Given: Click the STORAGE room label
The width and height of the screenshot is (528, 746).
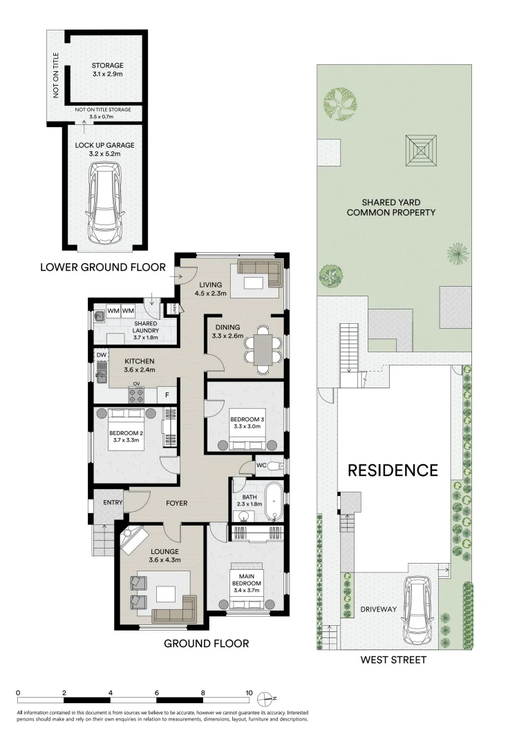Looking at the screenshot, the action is point(108,66).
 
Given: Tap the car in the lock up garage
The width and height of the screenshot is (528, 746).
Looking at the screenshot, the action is point(106,202).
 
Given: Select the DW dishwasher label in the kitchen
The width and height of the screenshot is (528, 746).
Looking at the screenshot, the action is point(102,355).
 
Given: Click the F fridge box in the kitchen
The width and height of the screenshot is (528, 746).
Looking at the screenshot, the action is point(167,394).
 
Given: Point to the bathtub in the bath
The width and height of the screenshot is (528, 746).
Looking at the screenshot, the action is point(273,501).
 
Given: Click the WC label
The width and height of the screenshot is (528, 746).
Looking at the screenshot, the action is point(261,465).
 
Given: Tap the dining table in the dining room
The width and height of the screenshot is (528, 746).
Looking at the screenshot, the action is point(263,350).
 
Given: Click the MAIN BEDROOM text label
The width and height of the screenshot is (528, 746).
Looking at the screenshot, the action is point(247,580).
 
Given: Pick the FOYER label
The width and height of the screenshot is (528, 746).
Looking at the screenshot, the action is point(177,503).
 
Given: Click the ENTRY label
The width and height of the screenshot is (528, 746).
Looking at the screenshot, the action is point(113,502).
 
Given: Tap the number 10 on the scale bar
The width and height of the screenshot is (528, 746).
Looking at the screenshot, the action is point(249,693).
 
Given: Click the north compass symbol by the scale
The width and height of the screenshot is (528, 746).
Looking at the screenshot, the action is point(265,699).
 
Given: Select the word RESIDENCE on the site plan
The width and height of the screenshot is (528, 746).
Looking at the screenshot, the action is point(393,470).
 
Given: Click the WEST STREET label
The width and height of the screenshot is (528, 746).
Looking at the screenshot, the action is point(393,660).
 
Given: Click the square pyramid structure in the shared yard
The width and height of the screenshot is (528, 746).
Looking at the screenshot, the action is point(421,151).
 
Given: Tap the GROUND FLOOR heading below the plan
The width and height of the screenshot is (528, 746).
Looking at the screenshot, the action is point(206,644).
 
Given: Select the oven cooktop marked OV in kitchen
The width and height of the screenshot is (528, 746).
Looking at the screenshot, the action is point(136,393).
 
